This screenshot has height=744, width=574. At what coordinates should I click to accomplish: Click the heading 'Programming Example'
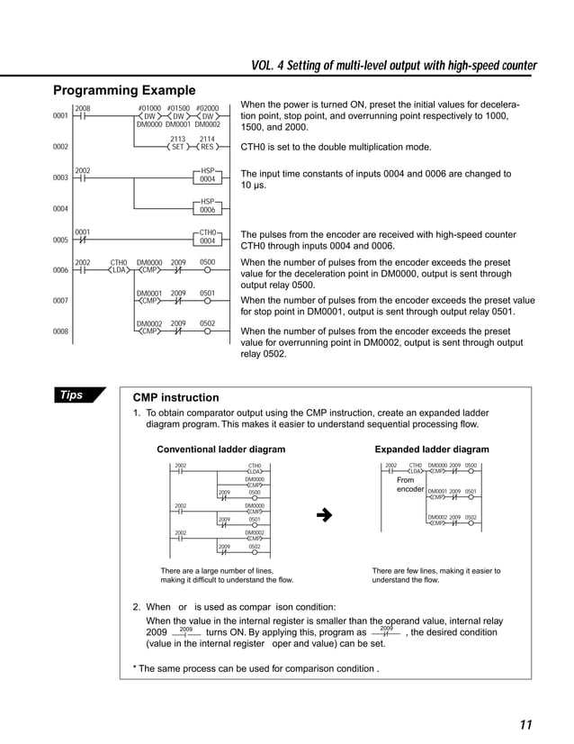(x=124, y=90)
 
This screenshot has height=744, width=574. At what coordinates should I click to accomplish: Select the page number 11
(x=525, y=725)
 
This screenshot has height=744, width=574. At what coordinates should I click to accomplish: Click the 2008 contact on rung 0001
(x=81, y=116)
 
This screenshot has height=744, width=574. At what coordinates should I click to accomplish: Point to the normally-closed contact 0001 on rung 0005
(x=81, y=239)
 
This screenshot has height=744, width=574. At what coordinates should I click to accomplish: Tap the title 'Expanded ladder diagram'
(x=431, y=449)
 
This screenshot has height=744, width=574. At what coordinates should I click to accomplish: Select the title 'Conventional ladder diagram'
(x=221, y=449)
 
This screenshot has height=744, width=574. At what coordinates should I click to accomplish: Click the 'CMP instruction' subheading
(x=175, y=397)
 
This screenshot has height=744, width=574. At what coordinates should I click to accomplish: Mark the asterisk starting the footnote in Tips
(x=135, y=667)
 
